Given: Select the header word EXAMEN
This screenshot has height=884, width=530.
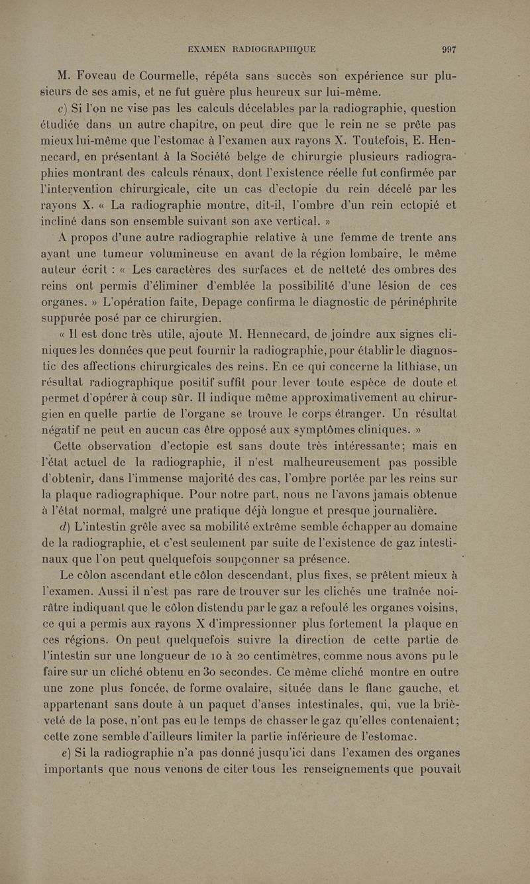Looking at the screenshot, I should (x=208, y=48).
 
